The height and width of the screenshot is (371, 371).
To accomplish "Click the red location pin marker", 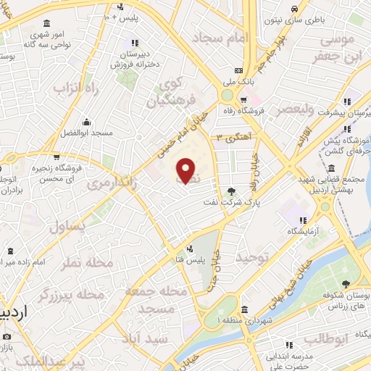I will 186,170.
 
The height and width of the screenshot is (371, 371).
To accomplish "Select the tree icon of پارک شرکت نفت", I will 231,191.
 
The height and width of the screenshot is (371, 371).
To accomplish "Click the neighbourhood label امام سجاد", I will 220,36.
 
